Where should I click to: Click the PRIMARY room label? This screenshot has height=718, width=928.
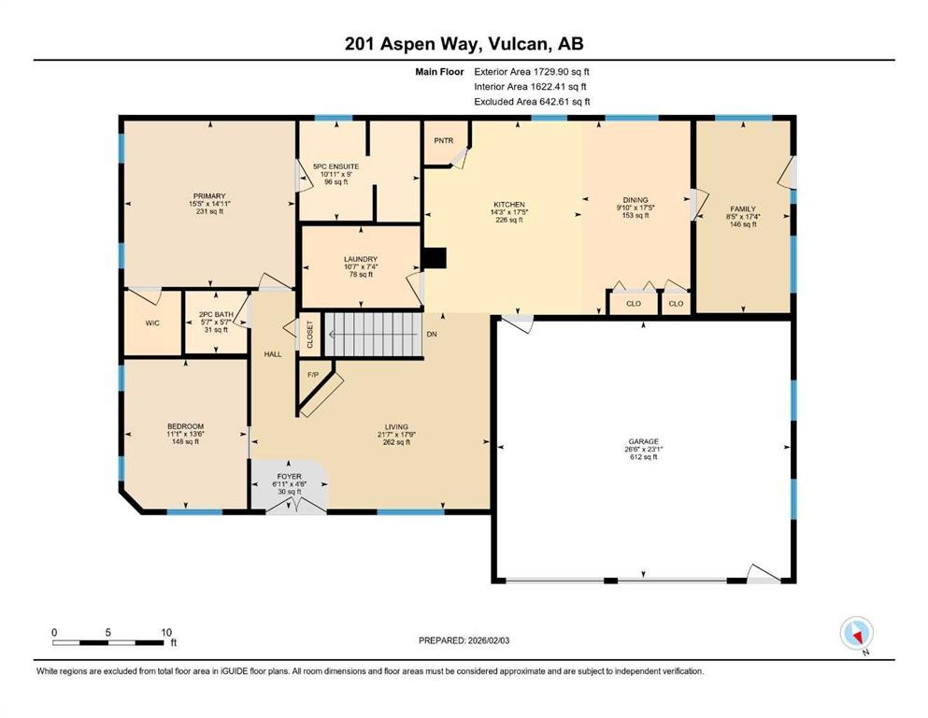click(x=210, y=196)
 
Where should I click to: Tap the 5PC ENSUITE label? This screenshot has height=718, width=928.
click(x=336, y=166)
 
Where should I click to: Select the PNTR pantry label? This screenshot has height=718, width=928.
click(x=443, y=140)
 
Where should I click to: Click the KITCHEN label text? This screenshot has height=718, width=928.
click(x=509, y=205)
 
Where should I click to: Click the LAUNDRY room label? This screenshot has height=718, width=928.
click(x=360, y=259)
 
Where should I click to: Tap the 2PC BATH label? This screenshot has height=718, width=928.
click(x=214, y=314)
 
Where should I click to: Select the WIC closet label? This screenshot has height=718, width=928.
click(x=152, y=323)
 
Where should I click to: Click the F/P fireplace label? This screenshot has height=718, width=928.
click(x=314, y=375)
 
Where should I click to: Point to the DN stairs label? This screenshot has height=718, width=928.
click(x=431, y=334)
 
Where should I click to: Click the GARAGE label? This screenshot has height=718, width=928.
click(x=643, y=441)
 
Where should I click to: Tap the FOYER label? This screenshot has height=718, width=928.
click(x=290, y=477)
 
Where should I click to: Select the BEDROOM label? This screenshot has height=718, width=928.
click(x=185, y=426)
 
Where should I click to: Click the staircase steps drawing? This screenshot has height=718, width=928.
click(x=372, y=334)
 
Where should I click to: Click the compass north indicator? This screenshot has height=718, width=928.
click(x=856, y=634)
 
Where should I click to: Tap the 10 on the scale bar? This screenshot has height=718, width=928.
click(x=166, y=632)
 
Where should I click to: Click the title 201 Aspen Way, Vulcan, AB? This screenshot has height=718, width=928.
click(x=464, y=44)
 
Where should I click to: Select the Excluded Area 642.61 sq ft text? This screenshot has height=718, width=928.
click(x=532, y=101)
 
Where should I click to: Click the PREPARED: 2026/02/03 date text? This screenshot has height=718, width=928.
click(x=476, y=640)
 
